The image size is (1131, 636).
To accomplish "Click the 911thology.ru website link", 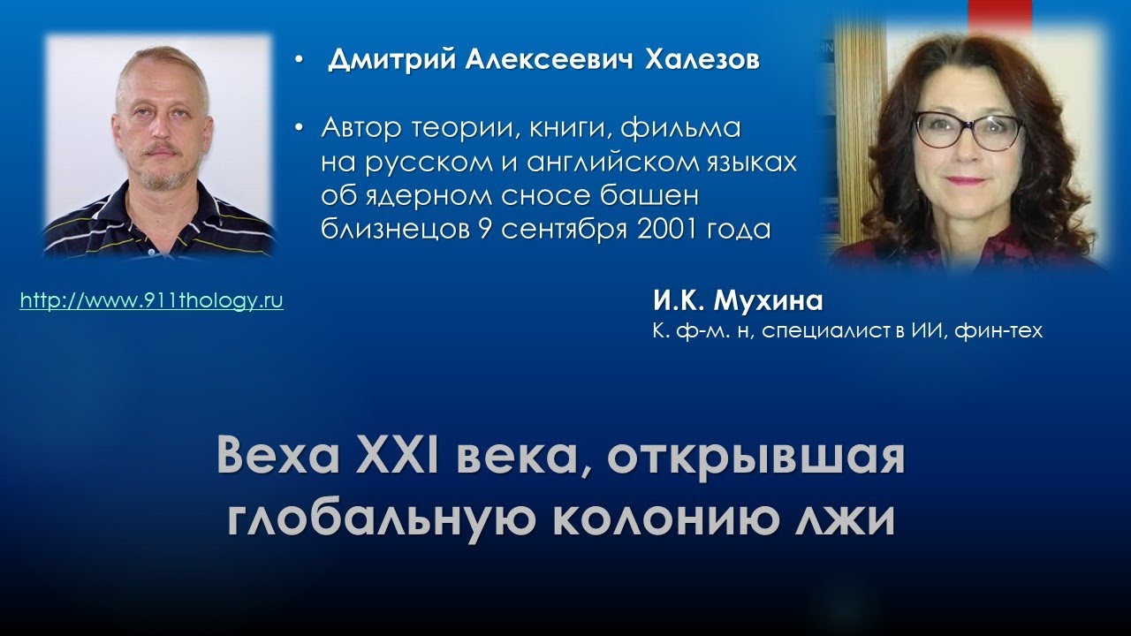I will tap(151, 300).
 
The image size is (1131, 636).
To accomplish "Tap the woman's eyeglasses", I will tap(968, 131).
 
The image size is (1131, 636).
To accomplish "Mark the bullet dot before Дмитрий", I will tap(300, 62).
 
